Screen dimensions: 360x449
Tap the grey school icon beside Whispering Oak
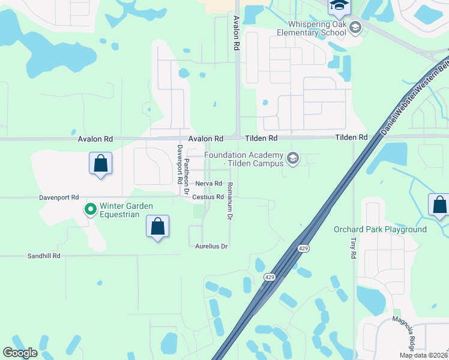[355, 27]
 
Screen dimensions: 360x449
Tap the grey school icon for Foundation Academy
[293, 158]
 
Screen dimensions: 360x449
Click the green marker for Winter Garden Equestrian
[91, 209]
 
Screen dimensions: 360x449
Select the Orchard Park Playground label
[380, 229]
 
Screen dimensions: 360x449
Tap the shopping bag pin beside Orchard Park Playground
[439, 205]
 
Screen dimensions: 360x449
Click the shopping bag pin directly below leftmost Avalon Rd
[100, 163]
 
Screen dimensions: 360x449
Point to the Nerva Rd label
[209, 184]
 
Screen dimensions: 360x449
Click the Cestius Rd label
[208, 197]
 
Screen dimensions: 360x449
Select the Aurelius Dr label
[212, 246]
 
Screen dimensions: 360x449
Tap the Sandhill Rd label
[44, 256]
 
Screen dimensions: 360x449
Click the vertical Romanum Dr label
[229, 201]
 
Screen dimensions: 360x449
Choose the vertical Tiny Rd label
[352, 247]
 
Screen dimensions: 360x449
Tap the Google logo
[20, 353]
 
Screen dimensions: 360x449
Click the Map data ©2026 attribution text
[424, 355]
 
